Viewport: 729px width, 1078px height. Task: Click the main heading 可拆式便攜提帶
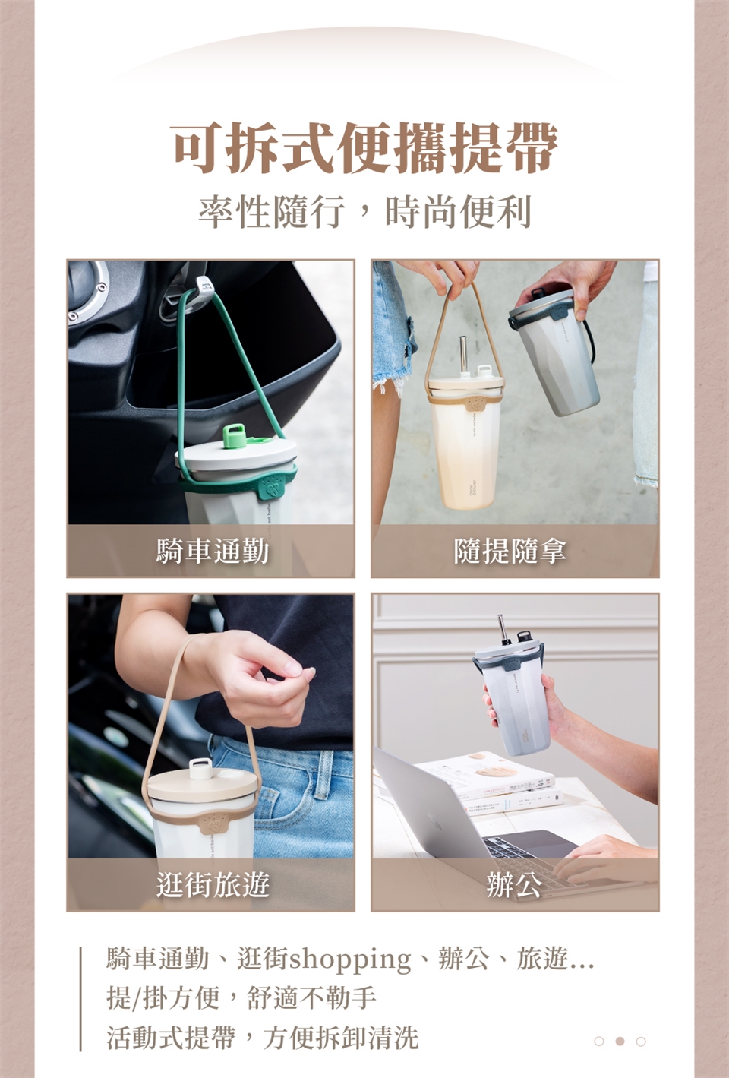pyautogui.click(x=365, y=147)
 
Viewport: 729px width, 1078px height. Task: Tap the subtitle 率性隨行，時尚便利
pyautogui.click(x=365, y=211)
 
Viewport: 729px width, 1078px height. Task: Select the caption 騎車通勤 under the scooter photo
pyautogui.click(x=213, y=551)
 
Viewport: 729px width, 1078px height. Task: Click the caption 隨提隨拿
pyautogui.click(x=510, y=551)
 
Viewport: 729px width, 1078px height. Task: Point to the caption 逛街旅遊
pyautogui.click(x=213, y=884)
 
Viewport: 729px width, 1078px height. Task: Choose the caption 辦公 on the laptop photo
pyautogui.click(x=514, y=884)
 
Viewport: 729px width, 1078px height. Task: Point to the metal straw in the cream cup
pyautogui.click(x=464, y=355)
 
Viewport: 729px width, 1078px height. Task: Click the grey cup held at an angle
pyautogui.click(x=555, y=351)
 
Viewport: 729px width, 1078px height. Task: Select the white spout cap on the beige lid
pyautogui.click(x=200, y=768)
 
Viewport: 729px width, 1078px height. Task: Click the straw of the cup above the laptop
pyautogui.click(x=502, y=630)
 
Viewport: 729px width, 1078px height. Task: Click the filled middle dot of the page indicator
pyautogui.click(x=620, y=1041)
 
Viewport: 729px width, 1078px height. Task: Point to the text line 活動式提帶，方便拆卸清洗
pyautogui.click(x=263, y=1038)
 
